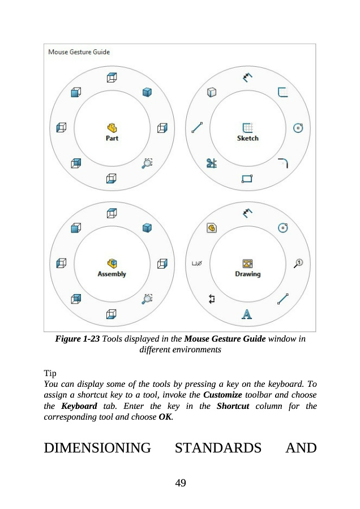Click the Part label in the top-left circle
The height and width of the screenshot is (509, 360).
coord(112,138)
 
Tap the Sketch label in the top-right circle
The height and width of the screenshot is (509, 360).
coord(247,138)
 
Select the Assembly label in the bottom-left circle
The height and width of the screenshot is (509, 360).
coord(112,274)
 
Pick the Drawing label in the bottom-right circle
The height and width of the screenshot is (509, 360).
coord(247,274)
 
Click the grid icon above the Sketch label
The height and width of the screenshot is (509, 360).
coord(247,127)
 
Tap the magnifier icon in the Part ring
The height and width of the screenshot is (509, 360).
coord(147,163)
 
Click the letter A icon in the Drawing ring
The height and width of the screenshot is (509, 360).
coord(247,314)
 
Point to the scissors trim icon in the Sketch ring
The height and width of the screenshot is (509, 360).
coord(212,164)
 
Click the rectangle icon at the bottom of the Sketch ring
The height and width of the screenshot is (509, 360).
coord(247,179)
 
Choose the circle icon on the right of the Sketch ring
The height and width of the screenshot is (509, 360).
coord(298,129)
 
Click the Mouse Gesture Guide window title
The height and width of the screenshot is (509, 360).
coord(79,52)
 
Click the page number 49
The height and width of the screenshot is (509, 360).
coord(180,482)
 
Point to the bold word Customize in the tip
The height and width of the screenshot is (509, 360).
coord(222,394)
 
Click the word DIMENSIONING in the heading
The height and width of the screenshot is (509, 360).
coord(97,449)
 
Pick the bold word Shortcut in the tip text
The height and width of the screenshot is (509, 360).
coord(233,406)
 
